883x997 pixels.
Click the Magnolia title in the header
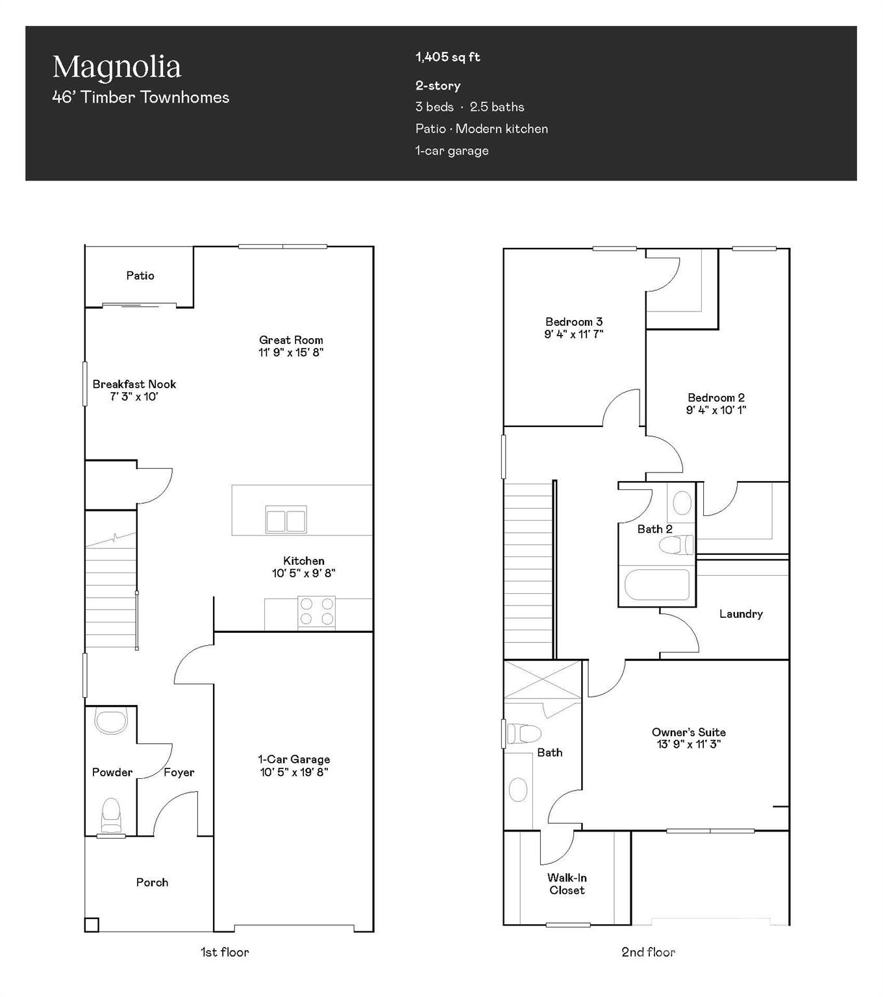coord(117,67)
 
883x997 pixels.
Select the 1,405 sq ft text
coord(447,57)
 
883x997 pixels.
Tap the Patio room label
coord(140,276)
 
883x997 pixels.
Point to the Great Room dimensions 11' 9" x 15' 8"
coord(290,352)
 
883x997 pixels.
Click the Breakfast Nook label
coord(134,384)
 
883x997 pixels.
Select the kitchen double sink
coord(286,520)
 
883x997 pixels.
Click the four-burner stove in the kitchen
coord(317,612)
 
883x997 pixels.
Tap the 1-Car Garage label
coord(294,759)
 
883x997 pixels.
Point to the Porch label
coord(152,883)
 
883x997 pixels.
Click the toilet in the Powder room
coord(111,815)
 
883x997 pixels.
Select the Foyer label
coord(179,772)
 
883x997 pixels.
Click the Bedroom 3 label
coord(574,322)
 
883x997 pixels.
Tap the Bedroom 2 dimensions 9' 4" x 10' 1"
coord(716,410)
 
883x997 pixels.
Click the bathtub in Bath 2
coord(656,585)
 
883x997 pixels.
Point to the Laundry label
coord(741,614)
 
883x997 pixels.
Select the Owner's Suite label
coord(689,732)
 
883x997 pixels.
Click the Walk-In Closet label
coord(567,884)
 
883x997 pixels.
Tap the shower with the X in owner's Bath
coord(543,680)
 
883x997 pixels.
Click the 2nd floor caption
coord(648,952)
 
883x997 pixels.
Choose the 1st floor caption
coord(225,952)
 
